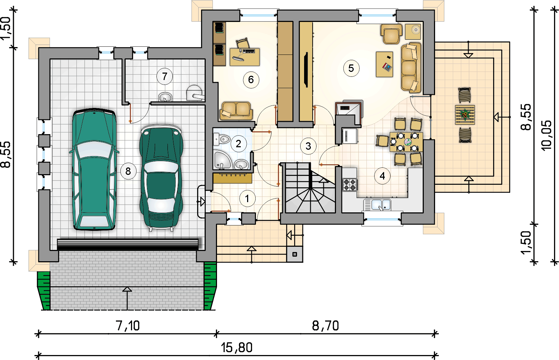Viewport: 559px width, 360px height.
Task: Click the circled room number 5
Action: pyautogui.click(x=351, y=68)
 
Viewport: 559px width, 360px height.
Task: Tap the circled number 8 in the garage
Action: pyautogui.click(x=128, y=171)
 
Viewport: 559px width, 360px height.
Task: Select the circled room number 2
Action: pyautogui.click(x=238, y=144)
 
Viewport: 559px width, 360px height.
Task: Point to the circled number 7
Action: pyautogui.click(x=165, y=76)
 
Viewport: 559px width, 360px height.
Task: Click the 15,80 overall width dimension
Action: pyautogui.click(x=236, y=348)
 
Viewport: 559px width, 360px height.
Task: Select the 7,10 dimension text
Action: pyautogui.click(x=128, y=326)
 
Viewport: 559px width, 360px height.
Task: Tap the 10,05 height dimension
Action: pyautogui.click(x=546, y=135)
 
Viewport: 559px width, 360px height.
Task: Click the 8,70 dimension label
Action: pyautogui.click(x=325, y=326)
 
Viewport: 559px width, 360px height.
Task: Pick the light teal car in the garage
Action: pyautogui.click(x=94, y=169)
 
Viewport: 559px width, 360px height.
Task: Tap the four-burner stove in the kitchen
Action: pyautogui.click(x=350, y=185)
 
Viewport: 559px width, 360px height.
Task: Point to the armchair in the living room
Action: pyautogui.click(x=391, y=34)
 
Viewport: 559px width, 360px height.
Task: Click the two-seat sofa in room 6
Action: pyautogui.click(x=236, y=111)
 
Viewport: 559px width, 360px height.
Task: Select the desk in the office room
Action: pyautogui.click(x=245, y=57)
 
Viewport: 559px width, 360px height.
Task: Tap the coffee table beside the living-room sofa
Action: pyautogui.click(x=384, y=64)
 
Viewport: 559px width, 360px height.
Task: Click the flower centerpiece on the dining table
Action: pyautogui.click(x=408, y=142)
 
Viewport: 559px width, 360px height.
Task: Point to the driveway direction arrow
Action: pyautogui.click(x=127, y=299)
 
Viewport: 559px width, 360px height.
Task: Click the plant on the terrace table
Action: pyautogui.click(x=465, y=115)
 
